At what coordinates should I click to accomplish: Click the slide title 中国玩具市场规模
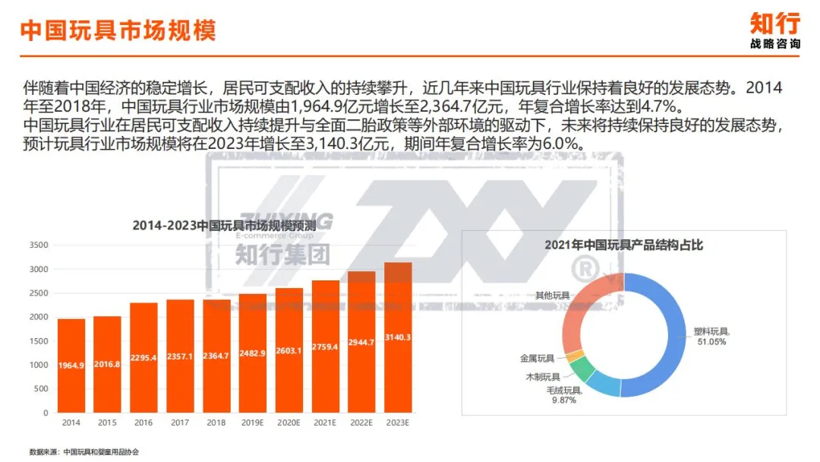(x=118, y=30)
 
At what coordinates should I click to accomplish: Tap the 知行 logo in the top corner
(x=774, y=30)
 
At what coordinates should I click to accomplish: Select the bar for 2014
(x=71, y=365)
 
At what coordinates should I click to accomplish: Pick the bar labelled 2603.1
(x=289, y=350)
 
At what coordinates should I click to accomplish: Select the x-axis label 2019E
(x=253, y=422)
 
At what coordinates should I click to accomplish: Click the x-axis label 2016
(x=143, y=422)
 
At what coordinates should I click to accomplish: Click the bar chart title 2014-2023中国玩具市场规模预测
(x=227, y=226)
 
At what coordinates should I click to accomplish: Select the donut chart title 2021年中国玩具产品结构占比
(x=623, y=245)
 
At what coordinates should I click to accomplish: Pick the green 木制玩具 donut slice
(x=582, y=368)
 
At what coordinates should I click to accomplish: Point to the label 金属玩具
(x=537, y=358)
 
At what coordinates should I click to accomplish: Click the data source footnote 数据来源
(x=84, y=452)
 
